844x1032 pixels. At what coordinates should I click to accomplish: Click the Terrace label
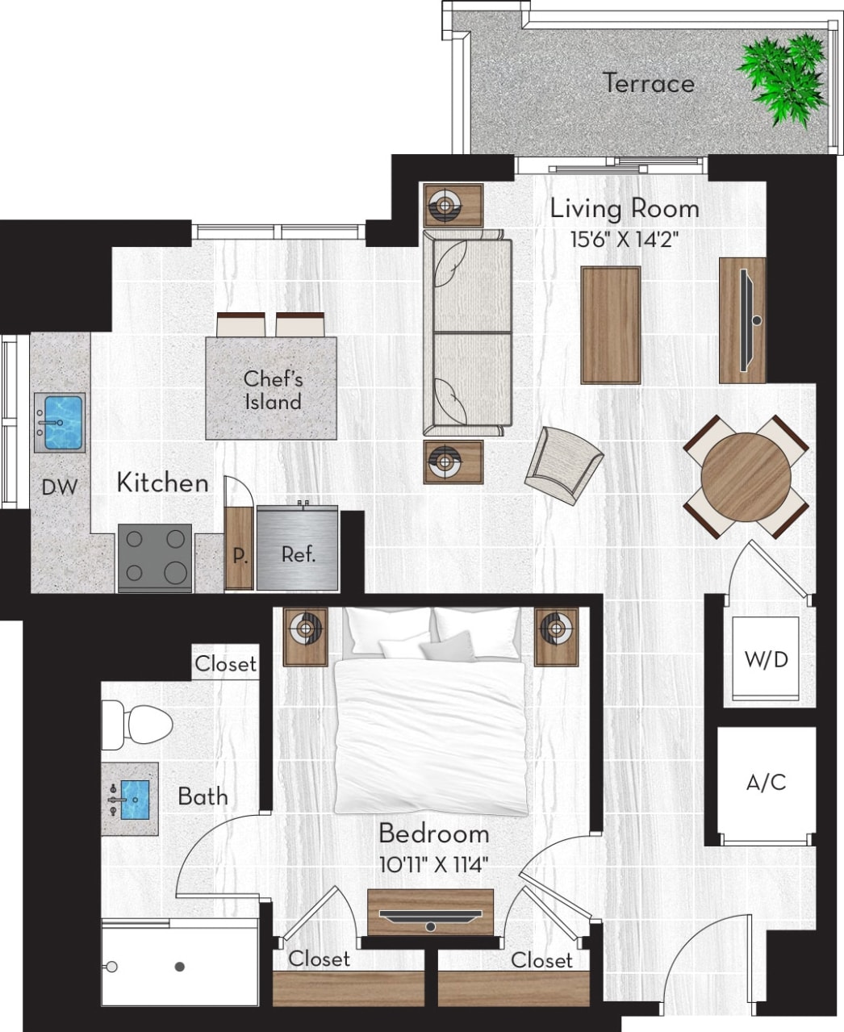[x=649, y=83]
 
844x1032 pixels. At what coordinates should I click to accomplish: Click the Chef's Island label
[x=273, y=390]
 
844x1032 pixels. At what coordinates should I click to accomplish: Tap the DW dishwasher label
[x=60, y=487]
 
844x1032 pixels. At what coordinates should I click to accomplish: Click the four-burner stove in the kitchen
[x=155, y=557]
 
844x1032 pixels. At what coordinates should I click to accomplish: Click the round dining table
[x=746, y=477]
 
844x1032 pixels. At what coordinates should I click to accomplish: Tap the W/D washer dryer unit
[x=765, y=659]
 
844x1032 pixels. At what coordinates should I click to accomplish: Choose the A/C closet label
[x=766, y=782]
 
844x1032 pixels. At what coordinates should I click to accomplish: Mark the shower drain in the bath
[x=180, y=966]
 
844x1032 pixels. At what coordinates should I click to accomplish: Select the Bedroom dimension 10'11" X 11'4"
[x=434, y=865]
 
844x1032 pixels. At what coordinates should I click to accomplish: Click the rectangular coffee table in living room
[x=611, y=325]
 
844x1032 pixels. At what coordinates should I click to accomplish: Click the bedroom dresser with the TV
[x=430, y=913]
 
